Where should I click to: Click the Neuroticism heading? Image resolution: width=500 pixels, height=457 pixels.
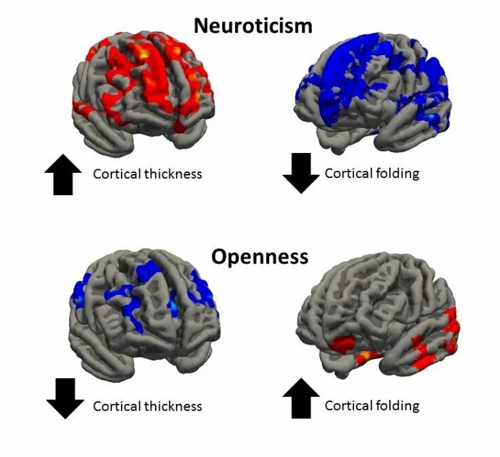pyautogui.click(x=253, y=26)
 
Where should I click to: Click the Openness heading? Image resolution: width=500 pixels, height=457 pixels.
pyautogui.click(x=260, y=256)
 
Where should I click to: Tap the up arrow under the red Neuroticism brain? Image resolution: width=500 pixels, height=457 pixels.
pyautogui.click(x=62, y=175)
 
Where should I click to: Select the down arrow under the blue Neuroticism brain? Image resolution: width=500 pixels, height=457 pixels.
pyautogui.click(x=300, y=173)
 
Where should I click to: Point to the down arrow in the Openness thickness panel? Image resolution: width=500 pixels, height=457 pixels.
pyautogui.click(x=66, y=399)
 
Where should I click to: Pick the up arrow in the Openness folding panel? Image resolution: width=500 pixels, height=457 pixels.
pyautogui.click(x=300, y=398)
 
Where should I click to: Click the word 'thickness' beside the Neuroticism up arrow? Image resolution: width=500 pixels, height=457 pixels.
pyautogui.click(x=173, y=174)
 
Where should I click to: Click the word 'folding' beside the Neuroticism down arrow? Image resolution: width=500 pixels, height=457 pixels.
pyautogui.click(x=396, y=173)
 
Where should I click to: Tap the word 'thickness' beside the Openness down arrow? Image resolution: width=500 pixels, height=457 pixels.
pyautogui.click(x=173, y=407)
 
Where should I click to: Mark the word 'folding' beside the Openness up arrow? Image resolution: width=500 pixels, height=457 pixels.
pyautogui.click(x=396, y=407)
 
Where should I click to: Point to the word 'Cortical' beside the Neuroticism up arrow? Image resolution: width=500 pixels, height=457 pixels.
pyautogui.click(x=117, y=174)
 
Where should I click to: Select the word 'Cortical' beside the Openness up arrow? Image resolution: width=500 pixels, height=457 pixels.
pyautogui.click(x=348, y=407)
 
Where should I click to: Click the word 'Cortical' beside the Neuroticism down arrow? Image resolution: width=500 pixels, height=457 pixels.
pyautogui.click(x=348, y=173)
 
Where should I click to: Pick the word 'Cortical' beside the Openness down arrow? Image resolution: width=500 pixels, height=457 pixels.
pyautogui.click(x=117, y=407)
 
